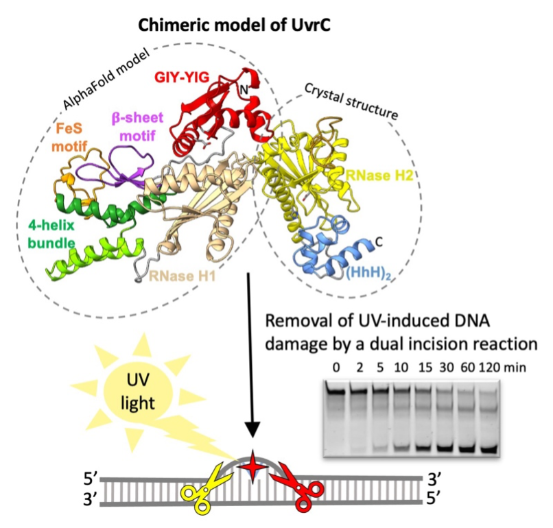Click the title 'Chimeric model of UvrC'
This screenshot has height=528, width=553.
(234, 25)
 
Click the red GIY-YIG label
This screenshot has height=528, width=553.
(182, 77)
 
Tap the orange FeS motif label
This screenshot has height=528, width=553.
(69, 137)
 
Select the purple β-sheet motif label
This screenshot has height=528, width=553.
(137, 126)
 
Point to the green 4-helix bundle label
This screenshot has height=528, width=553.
(51, 234)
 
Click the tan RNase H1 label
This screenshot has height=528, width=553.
(183, 276)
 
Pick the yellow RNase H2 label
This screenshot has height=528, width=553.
(379, 175)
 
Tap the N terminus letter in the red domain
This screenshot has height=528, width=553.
(244, 91)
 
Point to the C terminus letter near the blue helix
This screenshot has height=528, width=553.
(379, 242)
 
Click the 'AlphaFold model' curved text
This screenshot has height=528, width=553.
(106, 78)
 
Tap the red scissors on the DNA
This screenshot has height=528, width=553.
(299, 485)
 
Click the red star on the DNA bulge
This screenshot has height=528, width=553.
(252, 467)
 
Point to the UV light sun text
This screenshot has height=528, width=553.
(137, 392)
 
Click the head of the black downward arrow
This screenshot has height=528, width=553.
(252, 429)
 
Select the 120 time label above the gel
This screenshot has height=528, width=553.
(489, 368)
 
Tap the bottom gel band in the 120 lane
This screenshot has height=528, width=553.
(489, 449)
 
